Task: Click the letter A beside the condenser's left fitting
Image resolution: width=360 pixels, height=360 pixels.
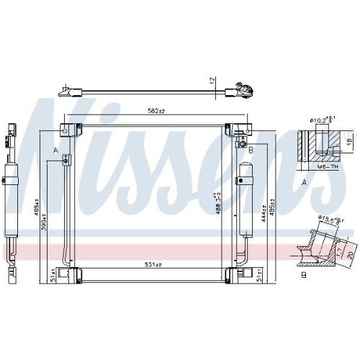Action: [55, 150]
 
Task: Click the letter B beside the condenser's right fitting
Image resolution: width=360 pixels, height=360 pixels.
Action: [250, 150]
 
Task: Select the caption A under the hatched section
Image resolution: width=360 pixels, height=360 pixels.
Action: [305, 182]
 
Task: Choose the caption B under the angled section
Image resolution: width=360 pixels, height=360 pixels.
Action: [305, 274]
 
